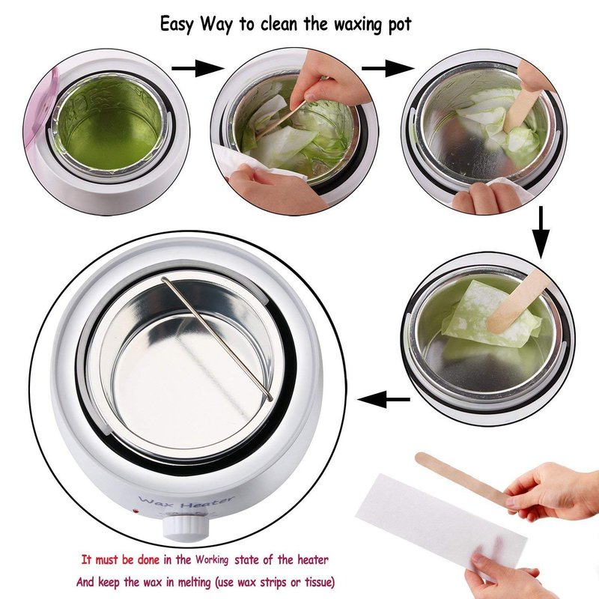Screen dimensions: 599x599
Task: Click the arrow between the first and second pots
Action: point(198,68)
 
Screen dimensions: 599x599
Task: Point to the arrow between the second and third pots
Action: point(388,68)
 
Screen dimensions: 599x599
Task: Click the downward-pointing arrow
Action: point(541,233)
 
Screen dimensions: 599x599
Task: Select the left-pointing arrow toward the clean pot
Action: point(383,400)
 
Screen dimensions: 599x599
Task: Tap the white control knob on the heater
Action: point(186,524)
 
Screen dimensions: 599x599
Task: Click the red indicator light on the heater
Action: point(135,511)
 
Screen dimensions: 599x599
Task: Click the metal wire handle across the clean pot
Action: point(217,338)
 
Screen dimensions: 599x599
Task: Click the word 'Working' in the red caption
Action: point(213,560)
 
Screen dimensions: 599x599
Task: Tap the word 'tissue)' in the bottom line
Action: point(320,583)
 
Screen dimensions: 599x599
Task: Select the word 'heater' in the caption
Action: point(313,560)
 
